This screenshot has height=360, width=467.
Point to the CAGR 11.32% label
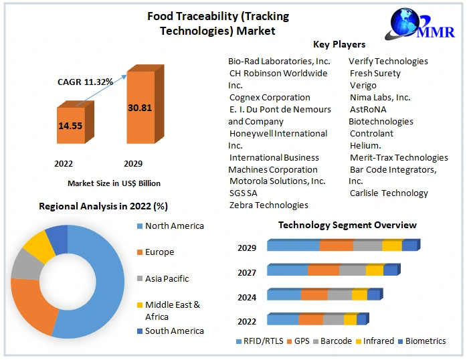pos(85,82)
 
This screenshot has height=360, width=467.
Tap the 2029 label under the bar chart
pos(133,163)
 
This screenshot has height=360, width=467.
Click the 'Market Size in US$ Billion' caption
pos(114,183)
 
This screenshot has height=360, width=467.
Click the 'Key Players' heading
pos(339,44)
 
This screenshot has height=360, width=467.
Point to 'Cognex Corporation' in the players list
pos(270,97)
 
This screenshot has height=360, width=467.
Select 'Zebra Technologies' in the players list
pos(268,205)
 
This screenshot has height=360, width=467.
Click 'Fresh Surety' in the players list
pos(375,73)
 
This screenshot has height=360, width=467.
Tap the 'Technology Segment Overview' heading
pos(347,225)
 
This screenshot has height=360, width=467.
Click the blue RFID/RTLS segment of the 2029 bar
pos(293,246)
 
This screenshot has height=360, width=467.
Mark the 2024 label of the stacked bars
pos(247,296)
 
